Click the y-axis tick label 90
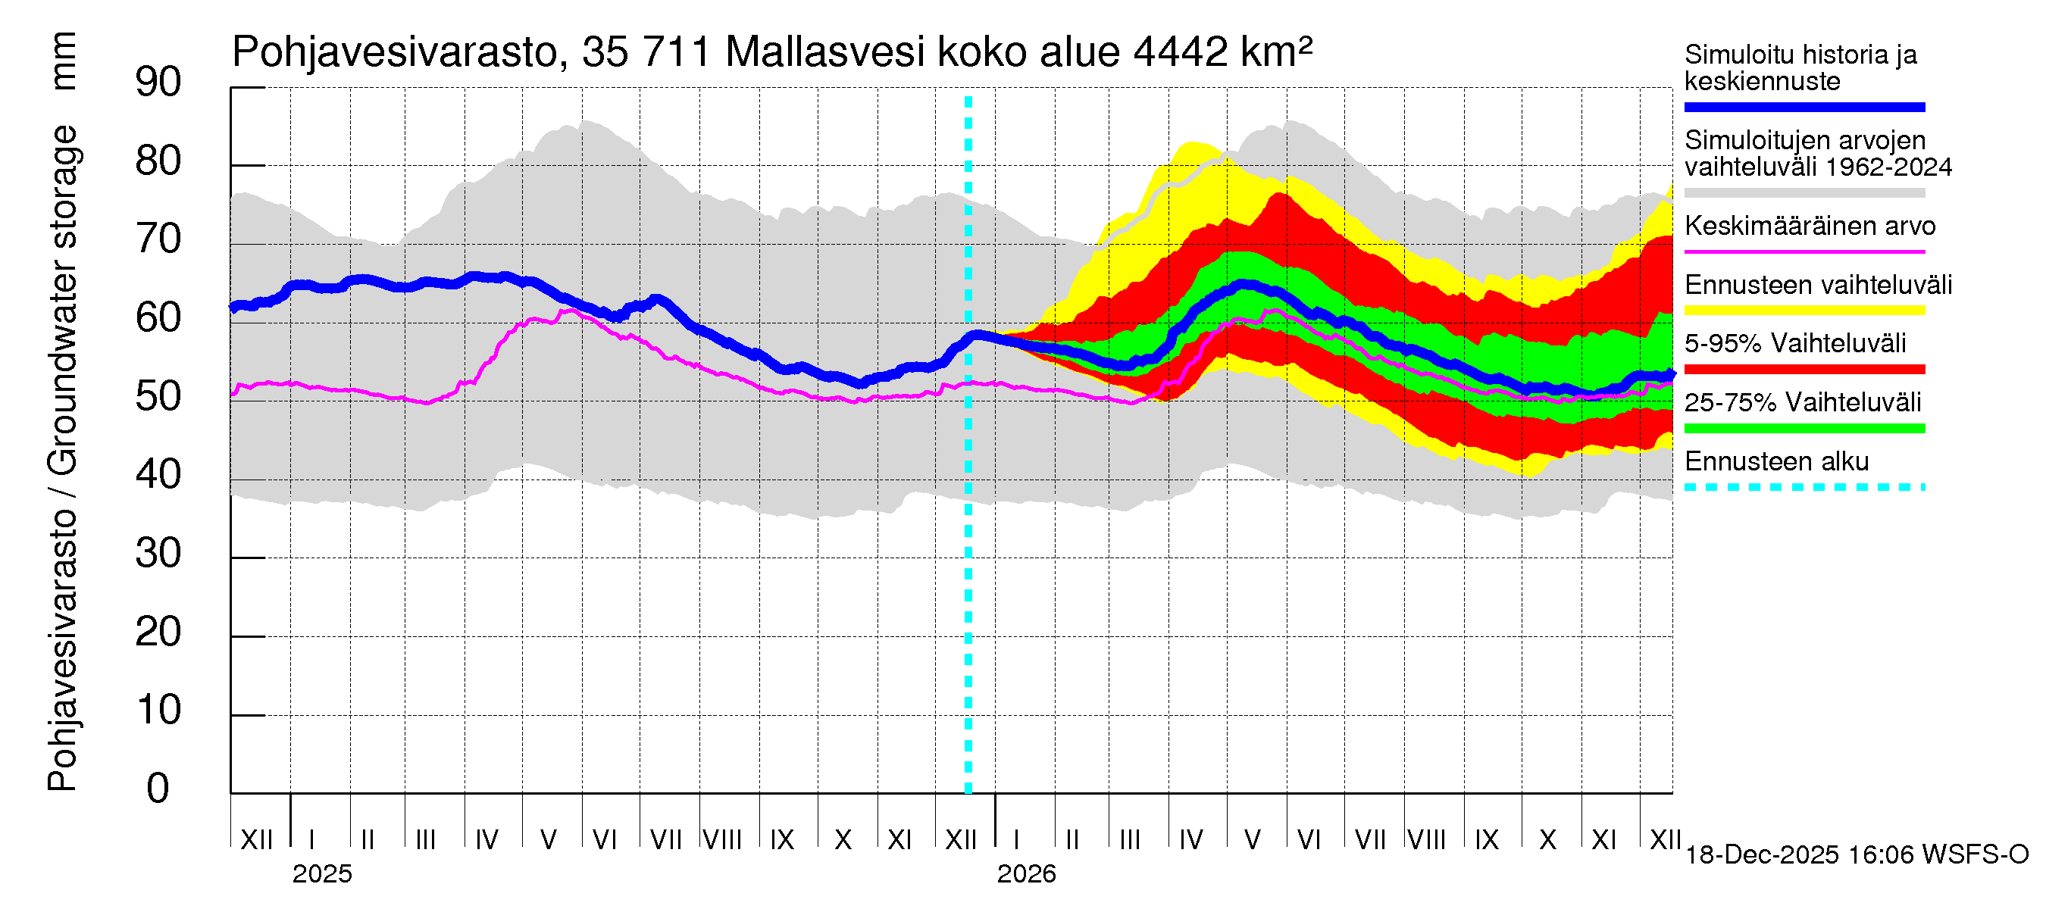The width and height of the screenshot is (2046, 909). click(158, 83)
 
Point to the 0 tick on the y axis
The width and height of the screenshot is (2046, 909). click(158, 789)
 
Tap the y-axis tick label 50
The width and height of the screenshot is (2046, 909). click(158, 396)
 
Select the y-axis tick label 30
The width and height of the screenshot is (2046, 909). click(158, 553)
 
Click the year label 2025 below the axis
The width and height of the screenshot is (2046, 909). click(321, 874)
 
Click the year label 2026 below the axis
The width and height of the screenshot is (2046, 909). click(1026, 874)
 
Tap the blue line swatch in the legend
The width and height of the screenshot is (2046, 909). click(1804, 107)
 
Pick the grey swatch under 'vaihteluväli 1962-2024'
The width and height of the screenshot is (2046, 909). click(1804, 193)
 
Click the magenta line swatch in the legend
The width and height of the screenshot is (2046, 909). click(1804, 251)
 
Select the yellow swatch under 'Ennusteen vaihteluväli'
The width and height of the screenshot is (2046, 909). click(1804, 311)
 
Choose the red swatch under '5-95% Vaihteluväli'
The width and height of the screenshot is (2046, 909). click(1804, 369)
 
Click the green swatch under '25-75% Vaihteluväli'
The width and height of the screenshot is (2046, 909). click(1804, 429)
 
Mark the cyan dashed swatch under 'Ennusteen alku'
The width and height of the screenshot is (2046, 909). click(1804, 487)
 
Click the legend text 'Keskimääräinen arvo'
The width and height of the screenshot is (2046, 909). click(1810, 226)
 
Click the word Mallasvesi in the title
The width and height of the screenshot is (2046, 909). click(825, 52)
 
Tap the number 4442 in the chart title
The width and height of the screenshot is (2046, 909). click(1181, 52)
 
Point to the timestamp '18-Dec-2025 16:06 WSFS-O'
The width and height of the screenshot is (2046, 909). click(1856, 855)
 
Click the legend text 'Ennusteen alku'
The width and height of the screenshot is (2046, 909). click(1776, 461)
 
